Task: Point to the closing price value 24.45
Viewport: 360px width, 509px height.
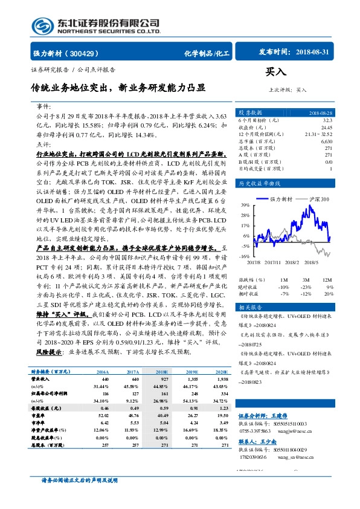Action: [326, 128]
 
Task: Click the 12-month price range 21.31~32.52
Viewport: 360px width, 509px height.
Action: [320, 134]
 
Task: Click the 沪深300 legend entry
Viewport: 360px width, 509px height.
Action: [318, 199]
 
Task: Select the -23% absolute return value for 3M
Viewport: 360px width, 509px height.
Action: [305, 287]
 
